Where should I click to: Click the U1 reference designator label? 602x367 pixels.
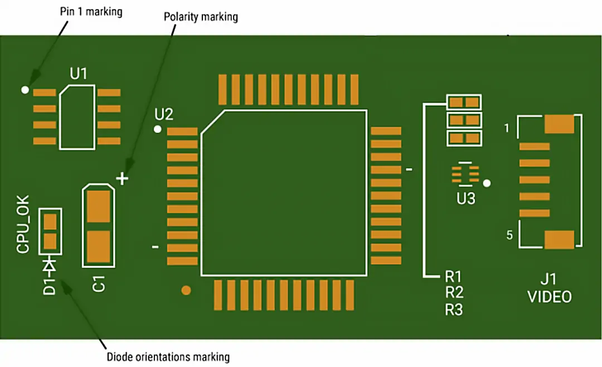79,74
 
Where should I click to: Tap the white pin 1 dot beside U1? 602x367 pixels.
25,89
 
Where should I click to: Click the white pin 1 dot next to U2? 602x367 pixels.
158,129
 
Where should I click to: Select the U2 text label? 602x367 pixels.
164,115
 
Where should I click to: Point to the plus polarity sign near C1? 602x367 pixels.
123,178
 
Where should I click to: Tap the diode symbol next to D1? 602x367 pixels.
50,265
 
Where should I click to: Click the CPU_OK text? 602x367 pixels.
23,224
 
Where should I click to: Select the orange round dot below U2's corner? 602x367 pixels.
186,290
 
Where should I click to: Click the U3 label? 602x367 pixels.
466,199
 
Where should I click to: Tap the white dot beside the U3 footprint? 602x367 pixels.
487,182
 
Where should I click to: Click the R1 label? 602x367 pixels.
454,277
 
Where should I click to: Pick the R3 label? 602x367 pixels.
454,310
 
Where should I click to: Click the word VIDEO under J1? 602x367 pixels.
550,297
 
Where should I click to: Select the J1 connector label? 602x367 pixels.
549,279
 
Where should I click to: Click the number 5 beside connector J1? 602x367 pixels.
509,235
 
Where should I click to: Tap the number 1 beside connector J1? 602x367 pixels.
506,129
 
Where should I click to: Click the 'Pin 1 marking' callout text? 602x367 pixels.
90,12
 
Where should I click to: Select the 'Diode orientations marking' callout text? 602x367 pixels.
168,357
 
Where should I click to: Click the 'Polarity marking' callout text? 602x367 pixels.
201,17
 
